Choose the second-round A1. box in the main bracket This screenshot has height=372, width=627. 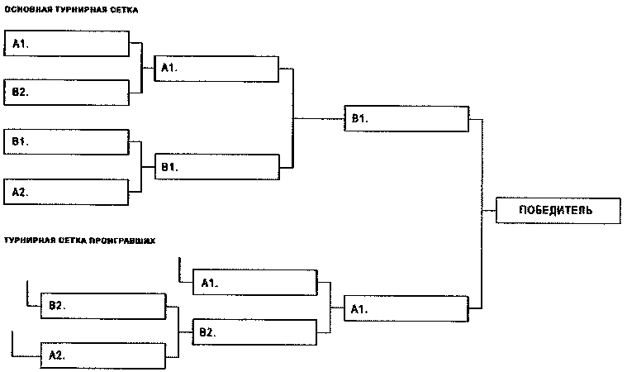pyautogui.click(x=217, y=68)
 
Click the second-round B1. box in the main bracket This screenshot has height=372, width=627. pyautogui.click(x=217, y=167)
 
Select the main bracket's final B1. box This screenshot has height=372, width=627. pyautogui.click(x=407, y=118)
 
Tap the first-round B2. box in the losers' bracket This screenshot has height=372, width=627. pyautogui.click(x=103, y=306)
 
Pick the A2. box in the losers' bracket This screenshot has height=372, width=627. pyautogui.click(x=103, y=355)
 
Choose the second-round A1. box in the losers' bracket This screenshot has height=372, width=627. pyautogui.click(x=254, y=283)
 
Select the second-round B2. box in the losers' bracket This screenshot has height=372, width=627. pyautogui.click(x=254, y=332)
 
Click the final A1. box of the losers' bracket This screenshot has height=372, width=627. pyautogui.click(x=407, y=308)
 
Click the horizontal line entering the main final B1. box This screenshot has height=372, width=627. pyautogui.click(x=318, y=118)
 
